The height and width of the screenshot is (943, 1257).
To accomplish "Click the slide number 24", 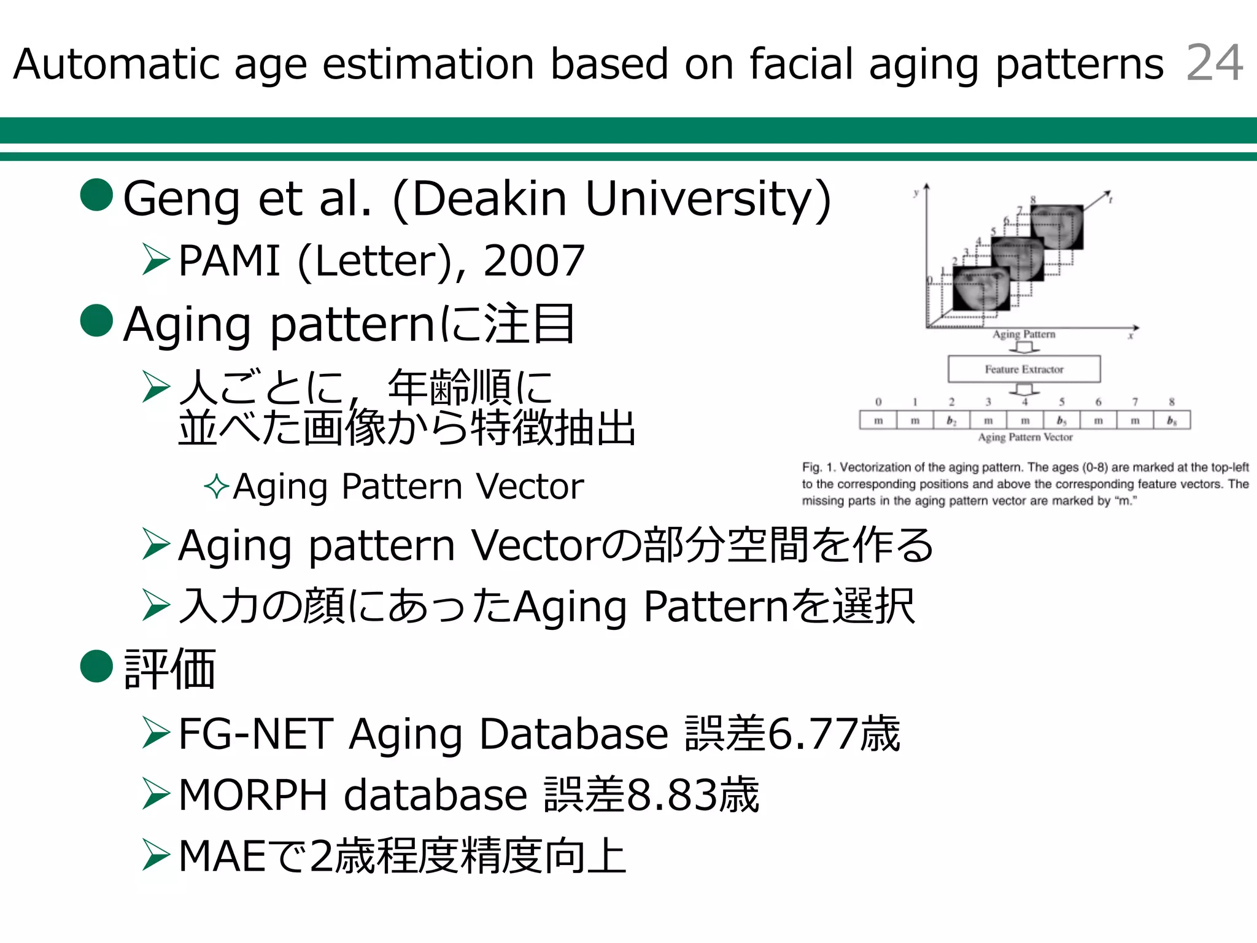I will [1214, 63].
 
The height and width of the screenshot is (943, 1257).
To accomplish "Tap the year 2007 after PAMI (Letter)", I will [533, 260].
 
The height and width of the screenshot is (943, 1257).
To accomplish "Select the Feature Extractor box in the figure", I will [1024, 369].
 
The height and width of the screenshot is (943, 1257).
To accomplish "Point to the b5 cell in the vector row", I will [1061, 421].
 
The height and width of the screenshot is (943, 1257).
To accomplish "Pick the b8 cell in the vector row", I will [1172, 421].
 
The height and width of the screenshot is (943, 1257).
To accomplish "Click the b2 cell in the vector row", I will [951, 421].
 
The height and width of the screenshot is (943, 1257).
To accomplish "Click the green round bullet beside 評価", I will [97, 666].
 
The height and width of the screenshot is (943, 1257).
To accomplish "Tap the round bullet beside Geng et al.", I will [97, 195].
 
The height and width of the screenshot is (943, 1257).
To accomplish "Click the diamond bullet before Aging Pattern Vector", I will [216, 487].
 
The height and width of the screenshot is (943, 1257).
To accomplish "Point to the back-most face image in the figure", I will [1057, 227].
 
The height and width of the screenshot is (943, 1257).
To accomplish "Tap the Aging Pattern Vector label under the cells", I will [1025, 437].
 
